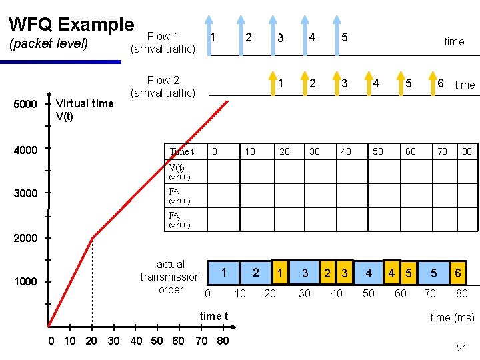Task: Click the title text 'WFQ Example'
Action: (71, 25)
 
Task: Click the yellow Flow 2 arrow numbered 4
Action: (367, 77)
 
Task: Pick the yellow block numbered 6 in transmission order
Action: (458, 273)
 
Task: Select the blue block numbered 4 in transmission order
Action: (369, 273)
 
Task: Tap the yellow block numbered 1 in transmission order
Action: (281, 273)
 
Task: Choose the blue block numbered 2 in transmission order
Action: (256, 273)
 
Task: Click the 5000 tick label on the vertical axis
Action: (25, 105)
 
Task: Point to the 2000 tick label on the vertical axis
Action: (25, 238)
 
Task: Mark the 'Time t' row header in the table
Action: (181, 152)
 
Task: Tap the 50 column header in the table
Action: (378, 152)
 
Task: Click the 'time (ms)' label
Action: (452, 317)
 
